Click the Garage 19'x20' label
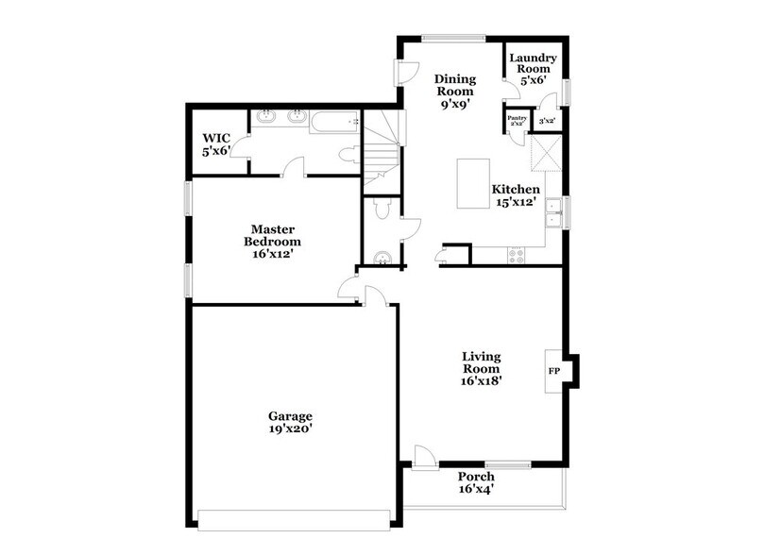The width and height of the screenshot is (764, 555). tap(290, 422)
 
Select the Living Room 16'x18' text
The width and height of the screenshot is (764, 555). tap(481, 369)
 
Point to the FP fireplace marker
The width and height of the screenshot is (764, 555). tap(553, 371)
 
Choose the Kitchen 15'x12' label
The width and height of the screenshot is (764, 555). tap(516, 195)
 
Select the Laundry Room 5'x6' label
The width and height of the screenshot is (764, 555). tap(534, 68)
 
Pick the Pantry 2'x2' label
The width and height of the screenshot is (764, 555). tap(517, 120)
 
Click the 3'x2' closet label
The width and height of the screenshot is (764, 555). tap(547, 121)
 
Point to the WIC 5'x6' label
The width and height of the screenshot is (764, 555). tap(216, 143)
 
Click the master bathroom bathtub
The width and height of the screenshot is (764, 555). tap(335, 120)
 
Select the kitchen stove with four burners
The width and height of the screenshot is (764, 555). tap(517, 254)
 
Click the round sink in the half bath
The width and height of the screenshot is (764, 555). tap(382, 258)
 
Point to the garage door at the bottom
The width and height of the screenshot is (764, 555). tap(294, 514)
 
